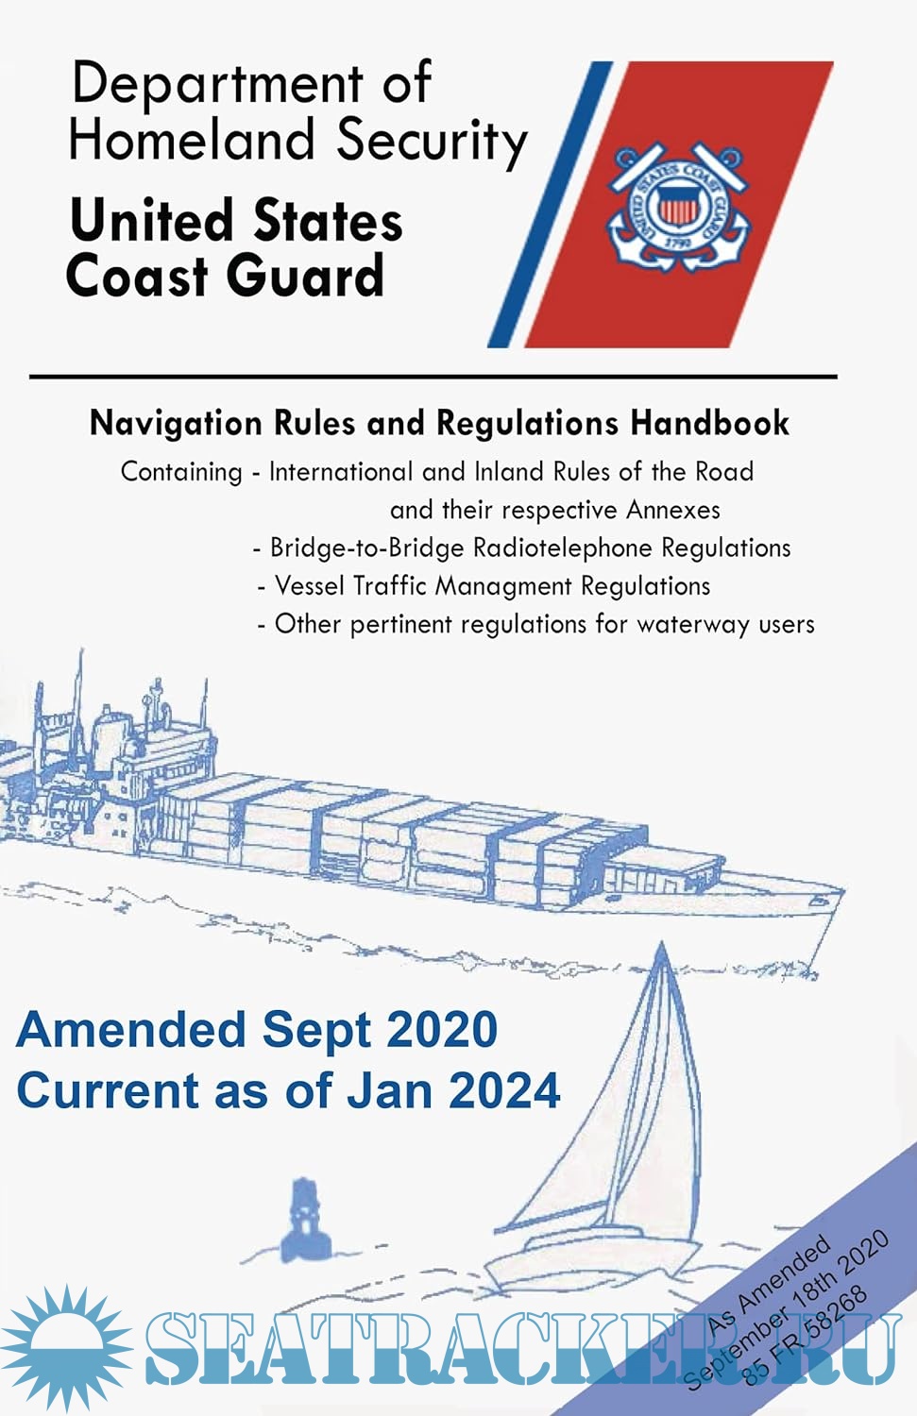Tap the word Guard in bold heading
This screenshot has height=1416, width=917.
click(305, 277)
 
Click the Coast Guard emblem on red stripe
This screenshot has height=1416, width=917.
click(678, 206)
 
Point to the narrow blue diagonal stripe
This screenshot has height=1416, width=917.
click(550, 204)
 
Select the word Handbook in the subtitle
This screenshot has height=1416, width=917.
click(709, 422)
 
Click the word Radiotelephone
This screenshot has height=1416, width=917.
click(562, 548)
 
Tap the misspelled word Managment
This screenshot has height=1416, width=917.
click(503, 586)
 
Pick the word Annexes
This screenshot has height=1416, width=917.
click(673, 510)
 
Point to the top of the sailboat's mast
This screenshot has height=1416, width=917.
click(662, 942)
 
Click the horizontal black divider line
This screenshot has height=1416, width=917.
click(433, 377)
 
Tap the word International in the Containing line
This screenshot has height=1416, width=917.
click(341, 472)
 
